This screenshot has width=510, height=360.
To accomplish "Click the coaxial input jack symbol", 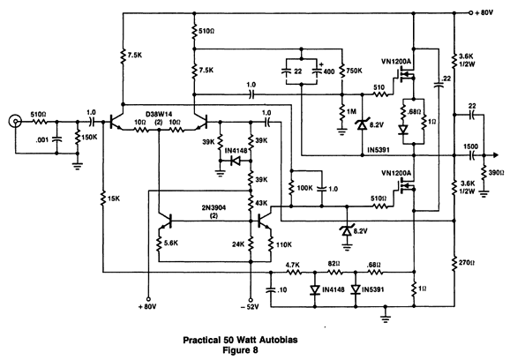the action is click(15, 122).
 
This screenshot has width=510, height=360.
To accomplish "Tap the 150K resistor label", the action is click(89, 137).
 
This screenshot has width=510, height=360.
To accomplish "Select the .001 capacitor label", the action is click(42, 139).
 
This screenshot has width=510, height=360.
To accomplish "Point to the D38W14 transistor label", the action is click(159, 114).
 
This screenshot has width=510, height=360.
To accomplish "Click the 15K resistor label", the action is click(113, 198).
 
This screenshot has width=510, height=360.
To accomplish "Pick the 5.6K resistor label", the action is click(171, 244).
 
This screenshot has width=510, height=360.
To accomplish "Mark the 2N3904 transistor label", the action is click(214, 207).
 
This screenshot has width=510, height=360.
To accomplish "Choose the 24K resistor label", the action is click(238, 244).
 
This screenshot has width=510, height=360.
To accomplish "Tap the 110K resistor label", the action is click(284, 244).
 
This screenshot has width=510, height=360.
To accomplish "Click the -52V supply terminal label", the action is click(251, 307).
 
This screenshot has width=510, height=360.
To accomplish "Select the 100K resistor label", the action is click(305, 188).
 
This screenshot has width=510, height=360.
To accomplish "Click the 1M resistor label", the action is click(351, 111).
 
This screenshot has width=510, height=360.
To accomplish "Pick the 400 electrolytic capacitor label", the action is click(329, 71).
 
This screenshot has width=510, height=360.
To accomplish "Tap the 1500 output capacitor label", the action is click(471, 146).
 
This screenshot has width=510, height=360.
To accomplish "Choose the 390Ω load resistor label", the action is click(497, 172).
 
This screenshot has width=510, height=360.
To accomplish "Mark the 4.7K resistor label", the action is click(293, 265).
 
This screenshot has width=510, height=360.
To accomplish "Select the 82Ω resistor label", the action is click(334, 263).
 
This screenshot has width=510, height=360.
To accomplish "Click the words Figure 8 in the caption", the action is click(240, 350).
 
